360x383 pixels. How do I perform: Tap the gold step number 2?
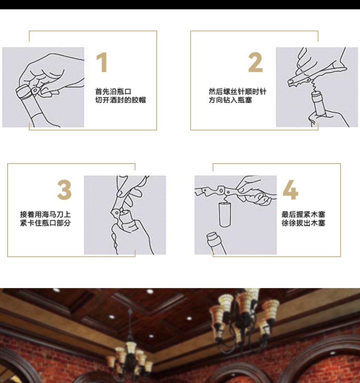pyautogui.click(x=255, y=62)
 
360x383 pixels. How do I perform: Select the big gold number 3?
pyautogui.click(x=64, y=190)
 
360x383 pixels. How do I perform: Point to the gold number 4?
pyautogui.click(x=291, y=190)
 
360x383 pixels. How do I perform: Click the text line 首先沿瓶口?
pyautogui.click(x=114, y=92)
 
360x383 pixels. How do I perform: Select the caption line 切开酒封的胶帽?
pyautogui.click(x=120, y=100)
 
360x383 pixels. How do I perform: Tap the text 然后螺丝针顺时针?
pyautogui.click(x=238, y=92)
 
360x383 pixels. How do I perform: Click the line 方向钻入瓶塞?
pyautogui.click(x=230, y=100)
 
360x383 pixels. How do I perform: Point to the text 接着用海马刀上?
pyautogui.click(x=45, y=214)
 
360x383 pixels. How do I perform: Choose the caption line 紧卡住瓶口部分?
pyautogui.click(x=45, y=223)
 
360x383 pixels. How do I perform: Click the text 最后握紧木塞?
pyautogui.click(x=303, y=214)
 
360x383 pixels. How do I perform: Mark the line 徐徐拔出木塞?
pyautogui.click(x=303, y=223)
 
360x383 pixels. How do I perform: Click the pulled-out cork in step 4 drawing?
pyautogui.click(x=224, y=215)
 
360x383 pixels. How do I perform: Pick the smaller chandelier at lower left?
pyautogui.click(x=130, y=354)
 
